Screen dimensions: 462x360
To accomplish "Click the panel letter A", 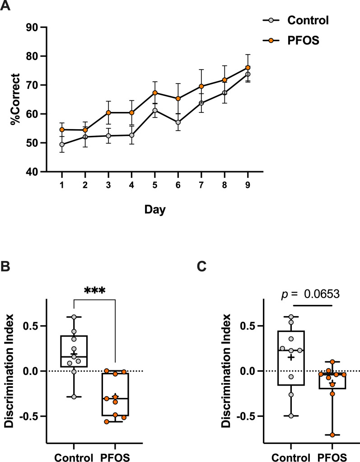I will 6,7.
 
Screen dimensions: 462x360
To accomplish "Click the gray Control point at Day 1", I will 61,145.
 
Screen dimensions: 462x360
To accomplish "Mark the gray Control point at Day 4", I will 131,135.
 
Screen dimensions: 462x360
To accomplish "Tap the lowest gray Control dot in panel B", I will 74,397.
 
